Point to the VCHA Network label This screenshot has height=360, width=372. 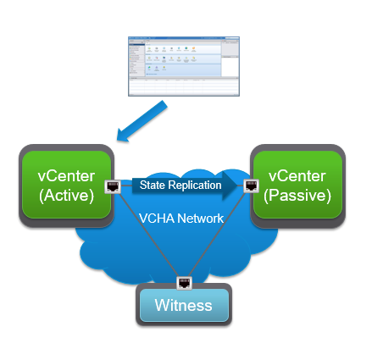point(180,219)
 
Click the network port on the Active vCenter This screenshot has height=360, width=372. point(110,185)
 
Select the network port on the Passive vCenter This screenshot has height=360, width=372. point(251,185)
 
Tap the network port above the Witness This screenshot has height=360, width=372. point(184,282)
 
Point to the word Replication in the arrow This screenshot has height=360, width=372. point(196,185)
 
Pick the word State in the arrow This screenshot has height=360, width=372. point(153,185)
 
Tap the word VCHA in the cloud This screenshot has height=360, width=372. point(155,219)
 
